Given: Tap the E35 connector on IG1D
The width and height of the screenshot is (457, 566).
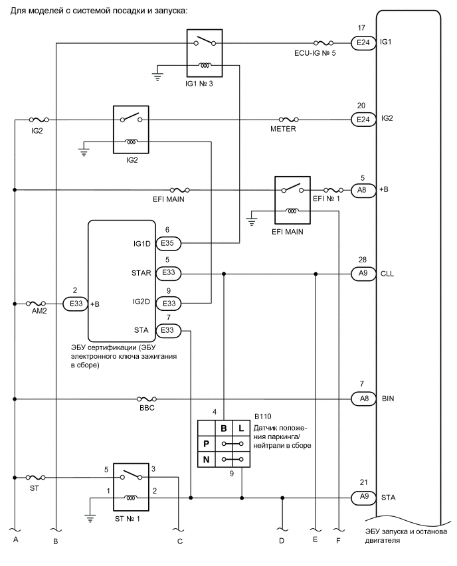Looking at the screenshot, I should (x=167, y=243).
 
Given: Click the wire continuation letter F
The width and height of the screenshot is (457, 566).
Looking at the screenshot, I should (x=339, y=540).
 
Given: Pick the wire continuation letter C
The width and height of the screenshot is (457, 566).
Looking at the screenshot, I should (x=179, y=540).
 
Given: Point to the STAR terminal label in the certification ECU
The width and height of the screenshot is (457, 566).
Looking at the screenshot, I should (x=142, y=273).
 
